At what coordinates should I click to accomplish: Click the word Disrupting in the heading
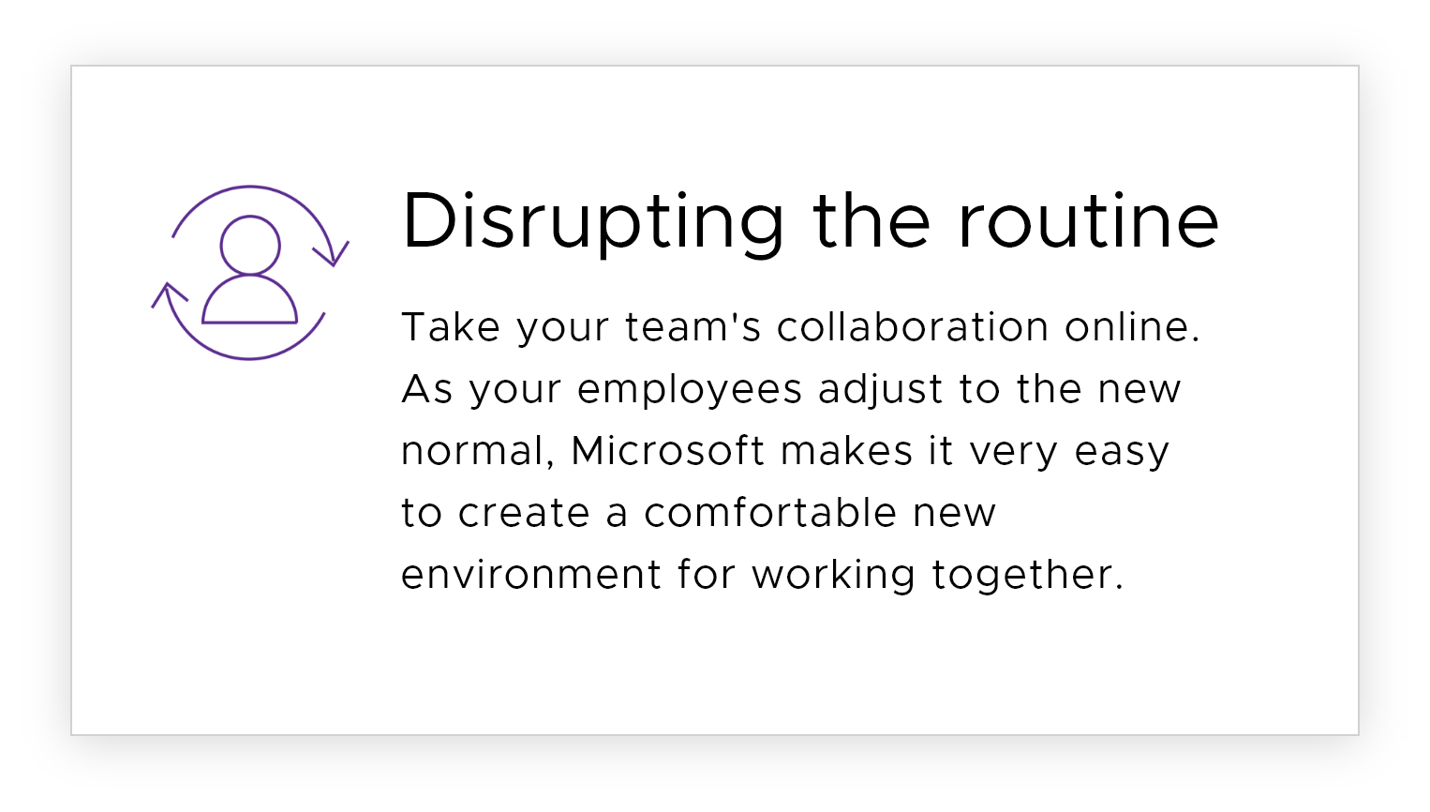(592, 223)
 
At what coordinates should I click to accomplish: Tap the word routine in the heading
(1089, 219)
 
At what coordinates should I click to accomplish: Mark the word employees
(690, 390)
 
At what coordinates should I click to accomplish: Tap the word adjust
(880, 390)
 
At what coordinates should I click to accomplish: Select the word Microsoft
(668, 450)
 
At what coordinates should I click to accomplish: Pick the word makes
(846, 450)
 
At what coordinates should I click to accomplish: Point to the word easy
(1122, 452)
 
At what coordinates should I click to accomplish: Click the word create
(524, 513)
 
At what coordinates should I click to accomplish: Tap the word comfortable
(770, 511)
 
